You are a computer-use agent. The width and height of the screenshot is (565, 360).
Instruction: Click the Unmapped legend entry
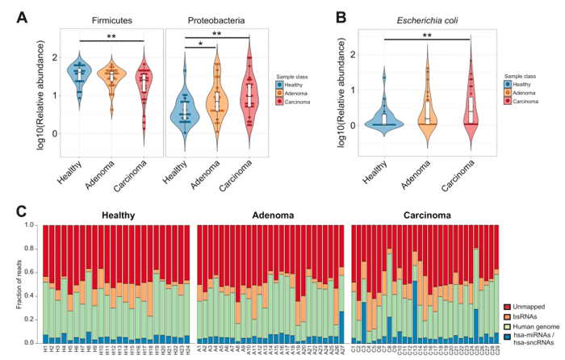point(532,307)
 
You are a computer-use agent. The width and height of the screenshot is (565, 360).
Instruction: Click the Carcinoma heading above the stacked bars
point(429,216)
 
